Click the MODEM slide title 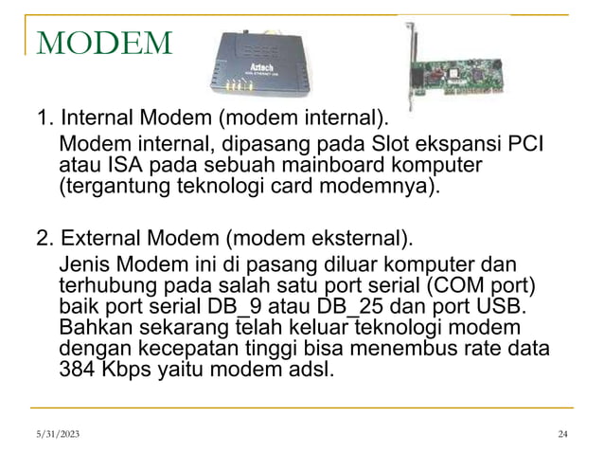(x=104, y=42)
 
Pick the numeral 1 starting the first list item (x=43, y=119)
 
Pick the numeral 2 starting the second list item (x=43, y=235)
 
